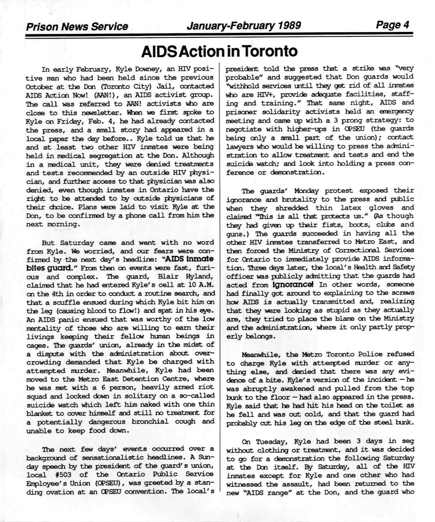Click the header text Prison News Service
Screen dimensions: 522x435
(77, 27)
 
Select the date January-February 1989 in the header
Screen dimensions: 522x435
(244, 25)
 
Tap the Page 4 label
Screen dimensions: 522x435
(392, 25)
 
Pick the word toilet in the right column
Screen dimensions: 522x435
(383, 405)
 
